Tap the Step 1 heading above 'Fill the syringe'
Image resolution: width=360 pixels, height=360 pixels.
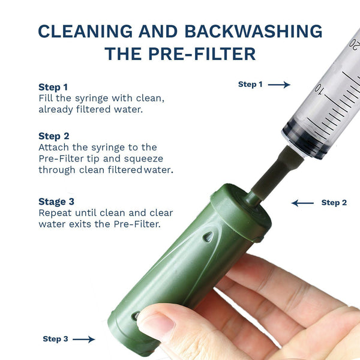click(53, 87)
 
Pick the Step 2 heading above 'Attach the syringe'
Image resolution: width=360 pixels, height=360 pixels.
click(53, 136)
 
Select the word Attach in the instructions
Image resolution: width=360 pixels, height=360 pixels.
click(53, 148)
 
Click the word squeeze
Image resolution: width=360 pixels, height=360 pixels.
click(143, 158)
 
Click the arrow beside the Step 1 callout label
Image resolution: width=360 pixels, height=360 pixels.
click(279, 85)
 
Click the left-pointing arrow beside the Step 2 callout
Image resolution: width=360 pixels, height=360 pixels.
click(303, 203)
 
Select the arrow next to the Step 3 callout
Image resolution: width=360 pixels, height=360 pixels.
click(83, 340)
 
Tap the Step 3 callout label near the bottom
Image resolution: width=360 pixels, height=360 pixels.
click(55, 340)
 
